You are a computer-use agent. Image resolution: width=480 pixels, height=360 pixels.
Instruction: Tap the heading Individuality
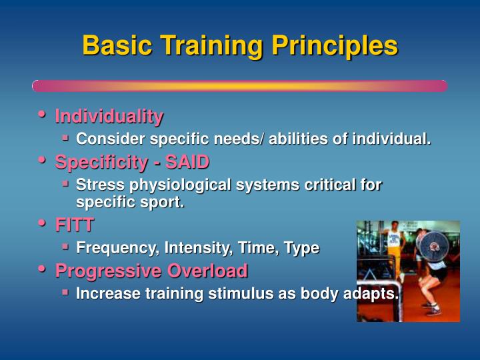tap(109, 117)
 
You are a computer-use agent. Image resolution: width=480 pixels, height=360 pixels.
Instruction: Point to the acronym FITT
tap(74, 225)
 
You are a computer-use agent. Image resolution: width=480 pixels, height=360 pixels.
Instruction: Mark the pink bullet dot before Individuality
tap(42, 115)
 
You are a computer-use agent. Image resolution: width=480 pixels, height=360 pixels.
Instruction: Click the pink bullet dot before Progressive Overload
tap(42, 269)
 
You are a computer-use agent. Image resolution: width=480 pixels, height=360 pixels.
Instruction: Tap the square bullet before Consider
tap(66, 137)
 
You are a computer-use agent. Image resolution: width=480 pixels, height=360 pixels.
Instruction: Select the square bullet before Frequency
tap(66, 246)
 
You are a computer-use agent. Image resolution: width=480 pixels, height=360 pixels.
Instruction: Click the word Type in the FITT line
tap(301, 248)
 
